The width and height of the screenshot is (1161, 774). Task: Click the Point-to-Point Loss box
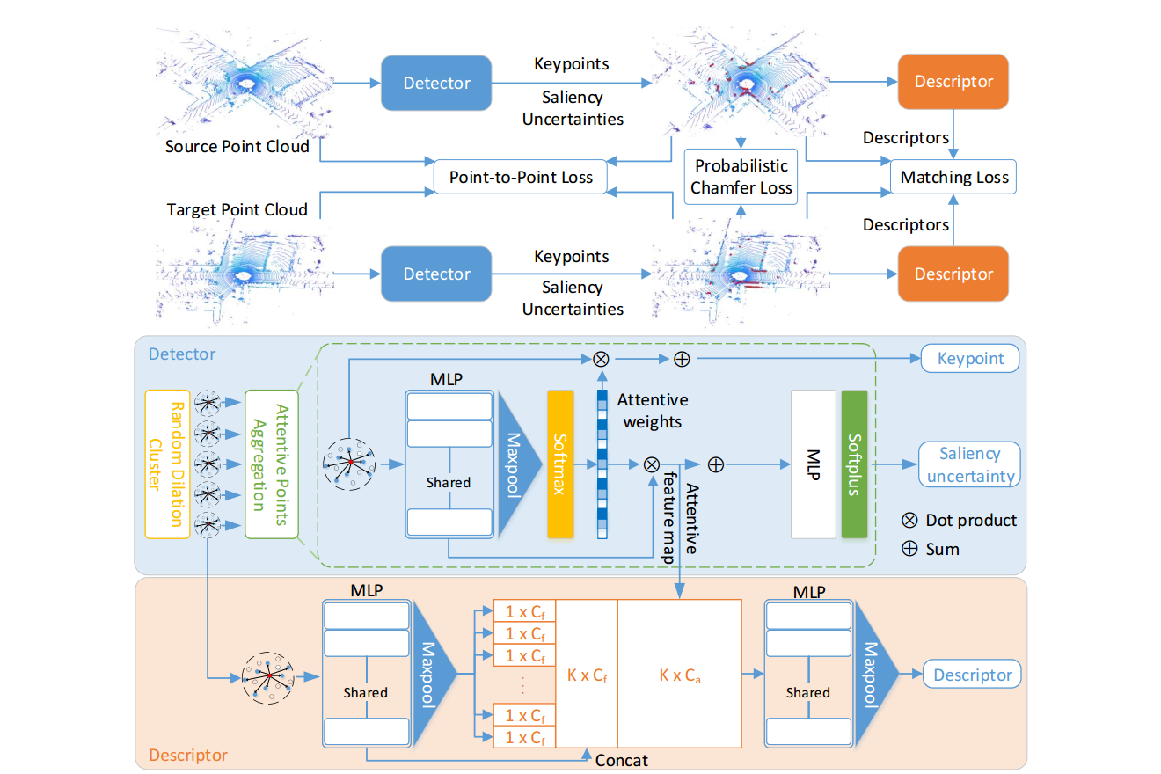pyautogui.click(x=522, y=177)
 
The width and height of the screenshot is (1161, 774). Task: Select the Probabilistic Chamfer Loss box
pyautogui.click(x=741, y=177)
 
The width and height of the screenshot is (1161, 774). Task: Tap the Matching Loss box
pyautogui.click(x=954, y=178)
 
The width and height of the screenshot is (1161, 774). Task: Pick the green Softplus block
pyautogui.click(x=854, y=464)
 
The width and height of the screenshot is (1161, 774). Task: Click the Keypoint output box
pyautogui.click(x=971, y=358)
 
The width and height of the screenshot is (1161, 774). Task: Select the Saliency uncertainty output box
pyautogui.click(x=969, y=464)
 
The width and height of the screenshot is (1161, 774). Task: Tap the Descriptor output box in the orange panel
pyautogui.click(x=972, y=675)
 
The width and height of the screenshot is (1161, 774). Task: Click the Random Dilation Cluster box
pyautogui.click(x=167, y=464)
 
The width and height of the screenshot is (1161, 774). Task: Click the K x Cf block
pyautogui.click(x=587, y=675)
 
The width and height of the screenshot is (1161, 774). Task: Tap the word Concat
pyautogui.click(x=623, y=758)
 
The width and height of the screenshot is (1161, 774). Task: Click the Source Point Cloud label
pyautogui.click(x=237, y=146)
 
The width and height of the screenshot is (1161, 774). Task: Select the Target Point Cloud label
pyautogui.click(x=237, y=209)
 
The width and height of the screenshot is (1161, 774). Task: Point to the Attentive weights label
pyautogui.click(x=652, y=411)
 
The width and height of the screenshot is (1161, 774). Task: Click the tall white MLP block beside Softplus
pyautogui.click(x=813, y=464)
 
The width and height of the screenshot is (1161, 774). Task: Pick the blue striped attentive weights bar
pyautogui.click(x=602, y=464)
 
